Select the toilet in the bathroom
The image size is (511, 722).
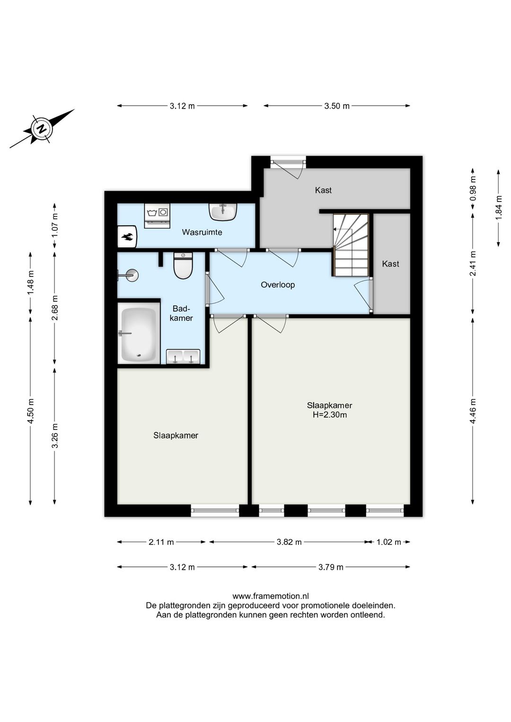click(183, 265)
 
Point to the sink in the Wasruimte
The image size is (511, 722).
click(223, 212)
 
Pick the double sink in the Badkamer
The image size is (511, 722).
click(183, 357)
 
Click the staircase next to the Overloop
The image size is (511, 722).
click(351, 245)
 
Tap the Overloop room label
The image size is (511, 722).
click(278, 285)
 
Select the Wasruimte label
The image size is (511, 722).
click(202, 232)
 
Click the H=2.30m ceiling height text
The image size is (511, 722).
click(329, 415)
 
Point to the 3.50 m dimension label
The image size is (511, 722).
click(336, 106)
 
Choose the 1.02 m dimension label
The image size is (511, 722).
click(388, 542)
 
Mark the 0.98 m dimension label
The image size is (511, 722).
click(473, 189)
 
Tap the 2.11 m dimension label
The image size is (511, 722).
click(161, 542)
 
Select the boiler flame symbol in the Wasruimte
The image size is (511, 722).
click(127, 237)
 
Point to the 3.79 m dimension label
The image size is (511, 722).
click(331, 567)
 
